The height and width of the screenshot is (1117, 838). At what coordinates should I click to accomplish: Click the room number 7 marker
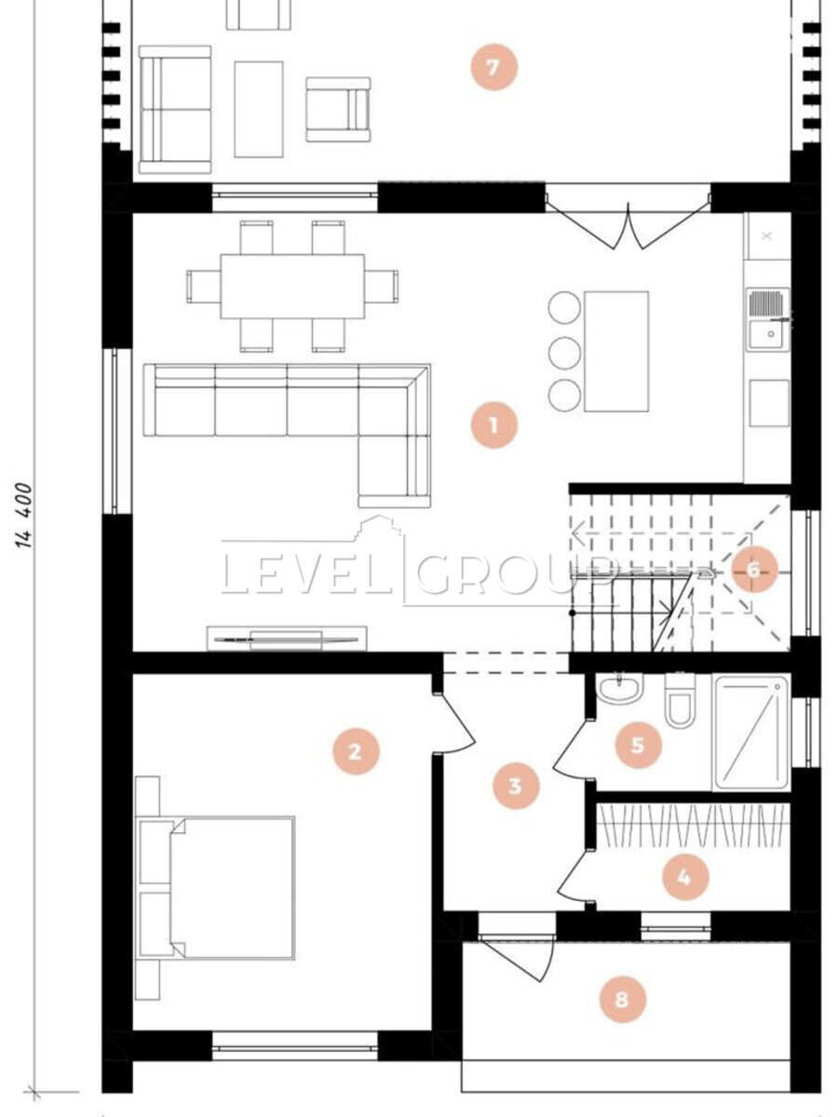(493, 67)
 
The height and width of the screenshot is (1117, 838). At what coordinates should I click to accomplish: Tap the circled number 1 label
(493, 424)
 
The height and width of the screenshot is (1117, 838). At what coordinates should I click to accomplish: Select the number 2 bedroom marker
(356, 751)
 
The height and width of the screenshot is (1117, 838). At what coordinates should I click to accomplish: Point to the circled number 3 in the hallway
(516, 786)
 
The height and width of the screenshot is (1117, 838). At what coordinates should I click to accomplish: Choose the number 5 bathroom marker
(638, 745)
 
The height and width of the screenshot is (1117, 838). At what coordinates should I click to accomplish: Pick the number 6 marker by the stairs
(754, 569)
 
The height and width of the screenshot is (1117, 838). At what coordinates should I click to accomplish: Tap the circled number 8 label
(622, 1000)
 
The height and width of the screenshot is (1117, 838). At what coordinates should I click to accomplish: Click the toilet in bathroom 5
(680, 700)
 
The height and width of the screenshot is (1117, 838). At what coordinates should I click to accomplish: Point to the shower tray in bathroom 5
(751, 733)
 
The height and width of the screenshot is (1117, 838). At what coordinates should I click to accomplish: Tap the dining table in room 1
(292, 287)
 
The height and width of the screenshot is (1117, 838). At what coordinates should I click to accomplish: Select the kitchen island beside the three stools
(616, 351)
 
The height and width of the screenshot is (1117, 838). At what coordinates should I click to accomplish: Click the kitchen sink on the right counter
(768, 319)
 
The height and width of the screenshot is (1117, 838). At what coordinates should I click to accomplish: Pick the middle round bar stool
(565, 351)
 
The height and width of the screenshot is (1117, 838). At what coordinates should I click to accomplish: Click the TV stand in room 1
(287, 639)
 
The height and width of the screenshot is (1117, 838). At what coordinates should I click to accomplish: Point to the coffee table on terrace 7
(259, 110)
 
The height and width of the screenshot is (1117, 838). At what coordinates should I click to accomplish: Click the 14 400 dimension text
(24, 516)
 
